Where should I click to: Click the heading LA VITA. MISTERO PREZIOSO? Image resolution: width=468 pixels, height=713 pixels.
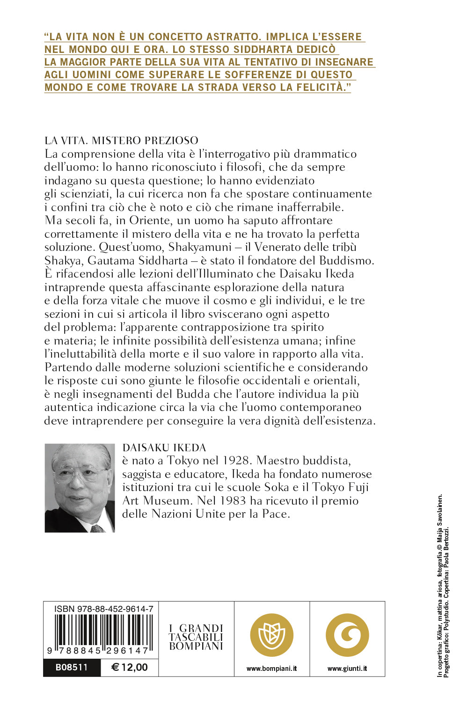click(121, 140)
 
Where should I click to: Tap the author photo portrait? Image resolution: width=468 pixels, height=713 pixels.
click(80, 488)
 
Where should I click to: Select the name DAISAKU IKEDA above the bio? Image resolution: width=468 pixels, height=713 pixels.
click(164, 448)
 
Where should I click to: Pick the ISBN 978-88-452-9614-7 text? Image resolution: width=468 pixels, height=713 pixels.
click(104, 609)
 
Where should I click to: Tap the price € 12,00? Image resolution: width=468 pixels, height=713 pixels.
click(130, 668)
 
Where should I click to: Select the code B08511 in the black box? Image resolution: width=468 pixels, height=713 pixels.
click(72, 668)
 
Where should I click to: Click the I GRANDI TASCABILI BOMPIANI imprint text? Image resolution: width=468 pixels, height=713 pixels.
click(196, 637)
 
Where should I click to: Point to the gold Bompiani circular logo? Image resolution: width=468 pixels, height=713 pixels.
click(271, 635)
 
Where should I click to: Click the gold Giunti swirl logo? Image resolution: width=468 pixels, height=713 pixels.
click(347, 635)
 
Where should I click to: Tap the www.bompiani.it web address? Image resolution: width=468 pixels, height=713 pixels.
click(271, 669)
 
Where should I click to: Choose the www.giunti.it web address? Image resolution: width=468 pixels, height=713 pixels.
click(347, 669)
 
